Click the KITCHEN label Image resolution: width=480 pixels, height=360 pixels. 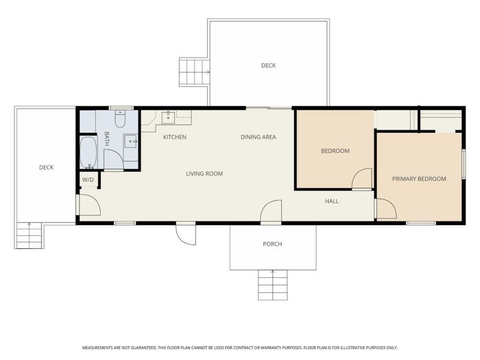175,137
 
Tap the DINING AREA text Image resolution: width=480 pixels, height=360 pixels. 259,137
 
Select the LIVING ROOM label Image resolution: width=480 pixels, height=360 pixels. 205,173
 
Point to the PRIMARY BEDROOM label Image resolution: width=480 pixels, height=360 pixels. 419,179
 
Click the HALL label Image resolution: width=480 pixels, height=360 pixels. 332,201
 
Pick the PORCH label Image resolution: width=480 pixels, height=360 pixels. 272,244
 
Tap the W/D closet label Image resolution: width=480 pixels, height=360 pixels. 88,179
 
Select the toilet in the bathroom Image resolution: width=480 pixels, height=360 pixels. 120,119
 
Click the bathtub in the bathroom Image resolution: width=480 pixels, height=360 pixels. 88,152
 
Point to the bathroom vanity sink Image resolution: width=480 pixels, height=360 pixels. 131,141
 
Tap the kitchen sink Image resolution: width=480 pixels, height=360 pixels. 168,118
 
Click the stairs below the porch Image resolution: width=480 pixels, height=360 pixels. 273,285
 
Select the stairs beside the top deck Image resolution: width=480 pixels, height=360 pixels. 194,72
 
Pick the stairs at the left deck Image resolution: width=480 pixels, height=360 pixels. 29,235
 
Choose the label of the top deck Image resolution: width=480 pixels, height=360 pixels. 268,65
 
